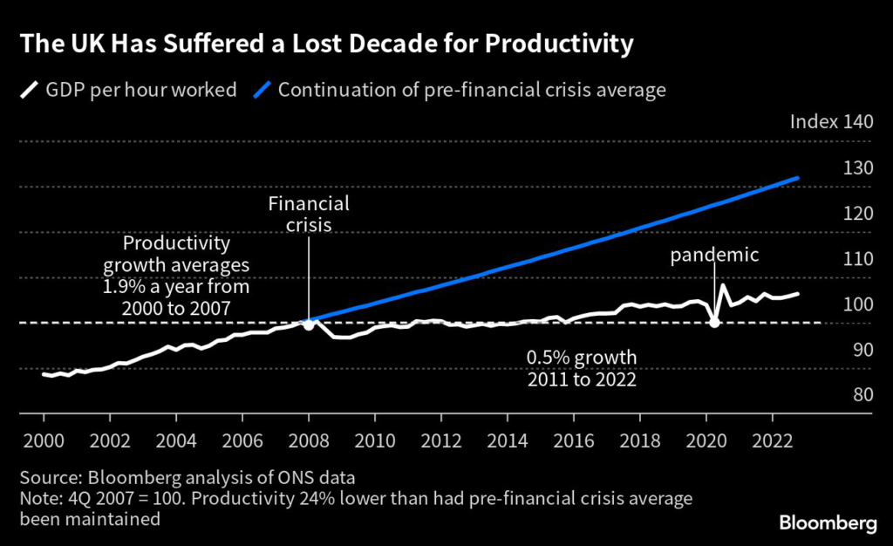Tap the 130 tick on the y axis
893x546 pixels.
point(856,167)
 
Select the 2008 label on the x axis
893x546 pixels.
point(308,440)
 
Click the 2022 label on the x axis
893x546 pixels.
point(772,440)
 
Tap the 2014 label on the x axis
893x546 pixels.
point(507,440)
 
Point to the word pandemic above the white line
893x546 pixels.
point(715,256)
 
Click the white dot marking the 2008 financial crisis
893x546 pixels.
point(308,324)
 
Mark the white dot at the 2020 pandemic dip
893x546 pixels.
point(714,323)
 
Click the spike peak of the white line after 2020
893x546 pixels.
point(722,285)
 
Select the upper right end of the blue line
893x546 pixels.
point(797,178)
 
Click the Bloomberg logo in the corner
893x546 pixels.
point(827,522)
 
